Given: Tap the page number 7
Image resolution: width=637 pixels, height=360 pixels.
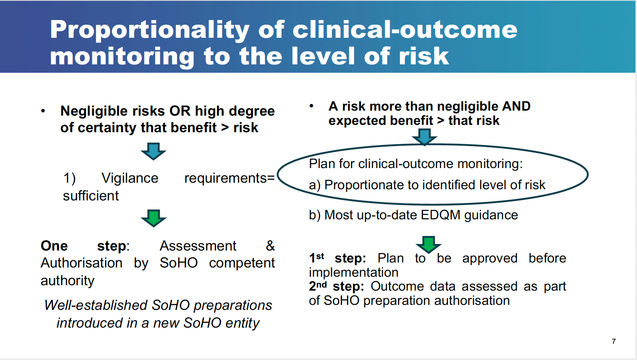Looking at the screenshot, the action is click(614, 341).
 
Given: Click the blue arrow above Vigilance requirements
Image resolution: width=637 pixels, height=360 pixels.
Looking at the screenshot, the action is click(153, 151).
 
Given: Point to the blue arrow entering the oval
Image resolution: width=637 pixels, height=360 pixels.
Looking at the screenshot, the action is click(424, 137).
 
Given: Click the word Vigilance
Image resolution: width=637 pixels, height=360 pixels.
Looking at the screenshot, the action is click(130, 178).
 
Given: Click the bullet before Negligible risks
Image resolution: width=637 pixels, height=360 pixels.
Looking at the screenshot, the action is click(43, 111).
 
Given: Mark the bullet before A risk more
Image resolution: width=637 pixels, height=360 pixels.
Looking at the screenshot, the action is click(312, 106).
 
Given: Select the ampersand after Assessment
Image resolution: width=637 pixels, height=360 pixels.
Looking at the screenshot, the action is click(270, 246).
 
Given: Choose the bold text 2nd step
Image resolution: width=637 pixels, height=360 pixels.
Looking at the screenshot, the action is click(336, 286).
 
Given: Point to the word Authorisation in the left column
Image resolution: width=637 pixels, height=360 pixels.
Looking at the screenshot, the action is click(81, 263).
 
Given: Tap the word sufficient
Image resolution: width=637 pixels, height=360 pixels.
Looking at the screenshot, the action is click(91, 196).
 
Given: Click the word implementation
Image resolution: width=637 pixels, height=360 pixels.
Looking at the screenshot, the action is click(354, 273).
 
